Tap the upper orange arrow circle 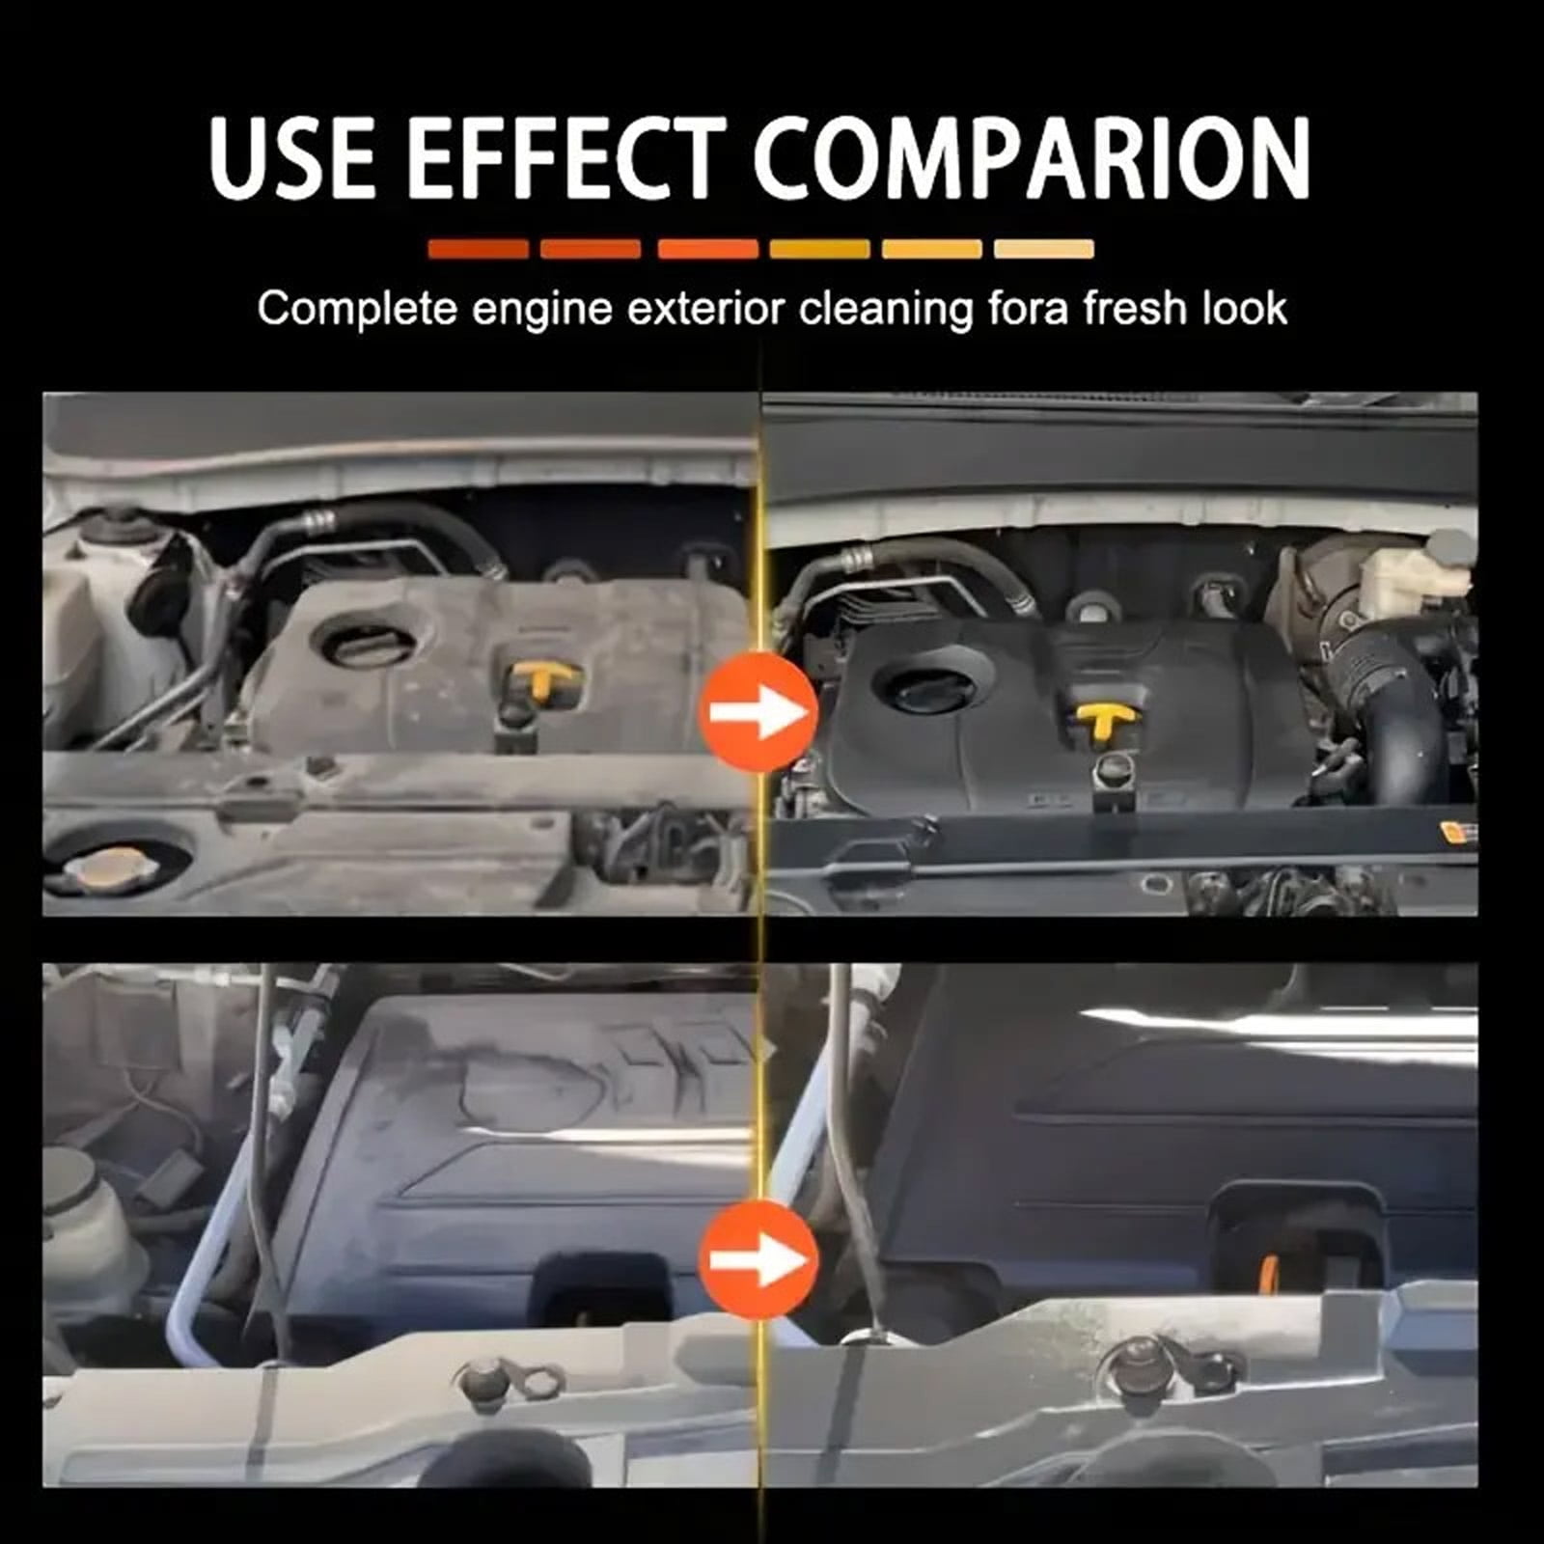point(758,711)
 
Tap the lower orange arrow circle point(758,1259)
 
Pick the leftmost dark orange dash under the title point(478,249)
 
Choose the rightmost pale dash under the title point(1044,249)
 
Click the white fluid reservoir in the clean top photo point(1414,574)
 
